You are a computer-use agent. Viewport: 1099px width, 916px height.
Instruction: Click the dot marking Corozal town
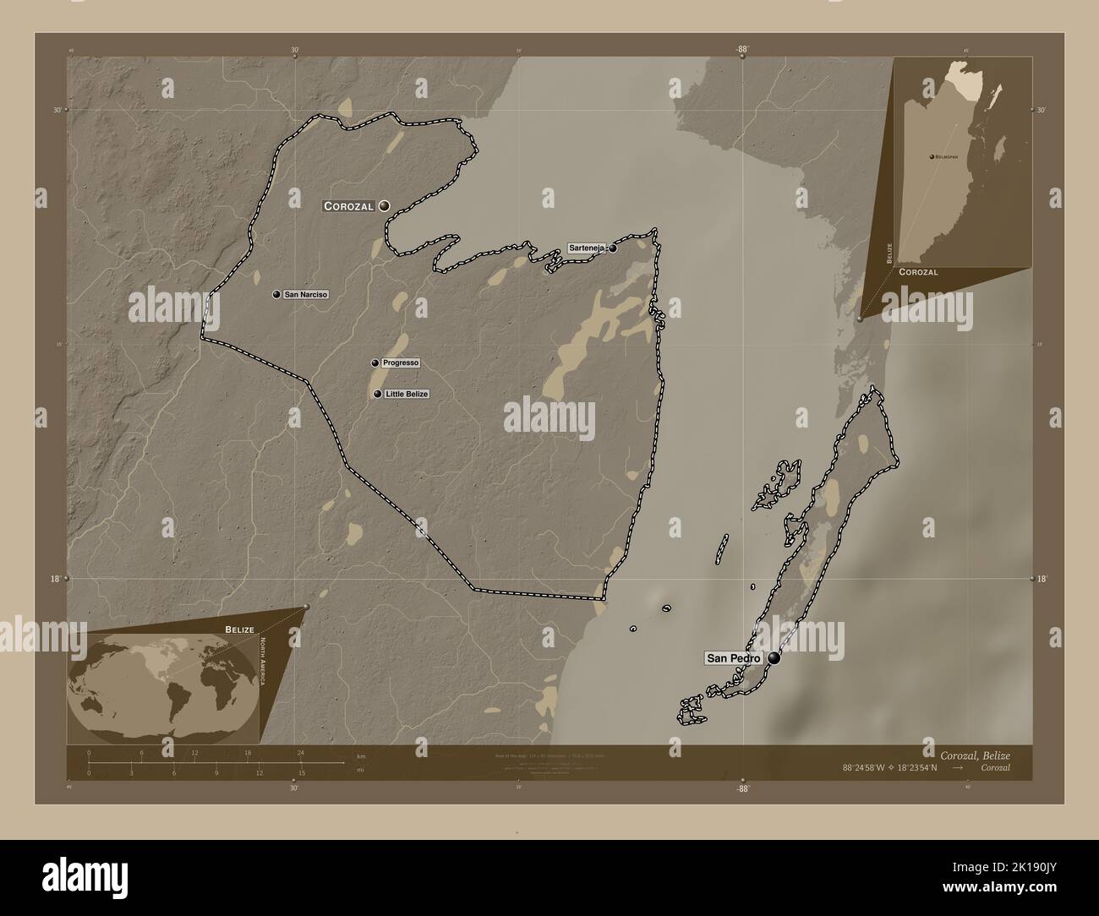point(385,205)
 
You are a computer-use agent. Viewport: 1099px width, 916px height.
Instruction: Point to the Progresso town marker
point(375,363)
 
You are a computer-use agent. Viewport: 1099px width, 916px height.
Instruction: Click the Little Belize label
point(407,395)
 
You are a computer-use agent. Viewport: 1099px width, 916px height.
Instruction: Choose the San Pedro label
point(734,658)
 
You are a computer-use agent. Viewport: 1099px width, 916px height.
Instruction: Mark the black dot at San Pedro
point(774,658)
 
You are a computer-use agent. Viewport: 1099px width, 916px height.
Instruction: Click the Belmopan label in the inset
point(947,157)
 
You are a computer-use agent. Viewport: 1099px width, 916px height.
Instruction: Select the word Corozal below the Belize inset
point(918,272)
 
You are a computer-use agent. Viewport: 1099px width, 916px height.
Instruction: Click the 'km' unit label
point(361,755)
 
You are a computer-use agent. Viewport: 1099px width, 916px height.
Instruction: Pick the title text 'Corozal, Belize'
point(974,754)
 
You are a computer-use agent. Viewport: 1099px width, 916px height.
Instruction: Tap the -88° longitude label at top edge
point(742,50)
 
